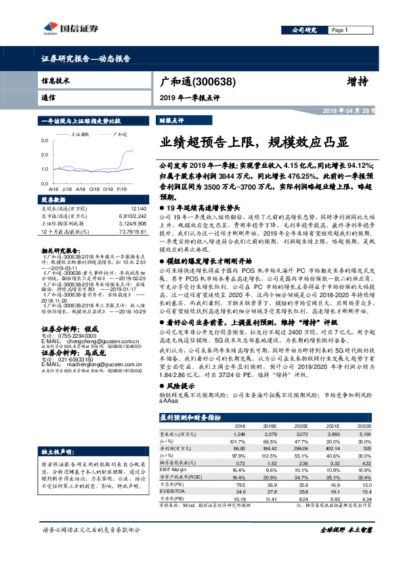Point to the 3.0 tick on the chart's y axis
[x=45, y=140]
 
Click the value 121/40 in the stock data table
[x=138, y=209]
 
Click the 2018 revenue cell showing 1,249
[x=238, y=433]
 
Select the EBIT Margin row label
[x=173, y=468]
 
